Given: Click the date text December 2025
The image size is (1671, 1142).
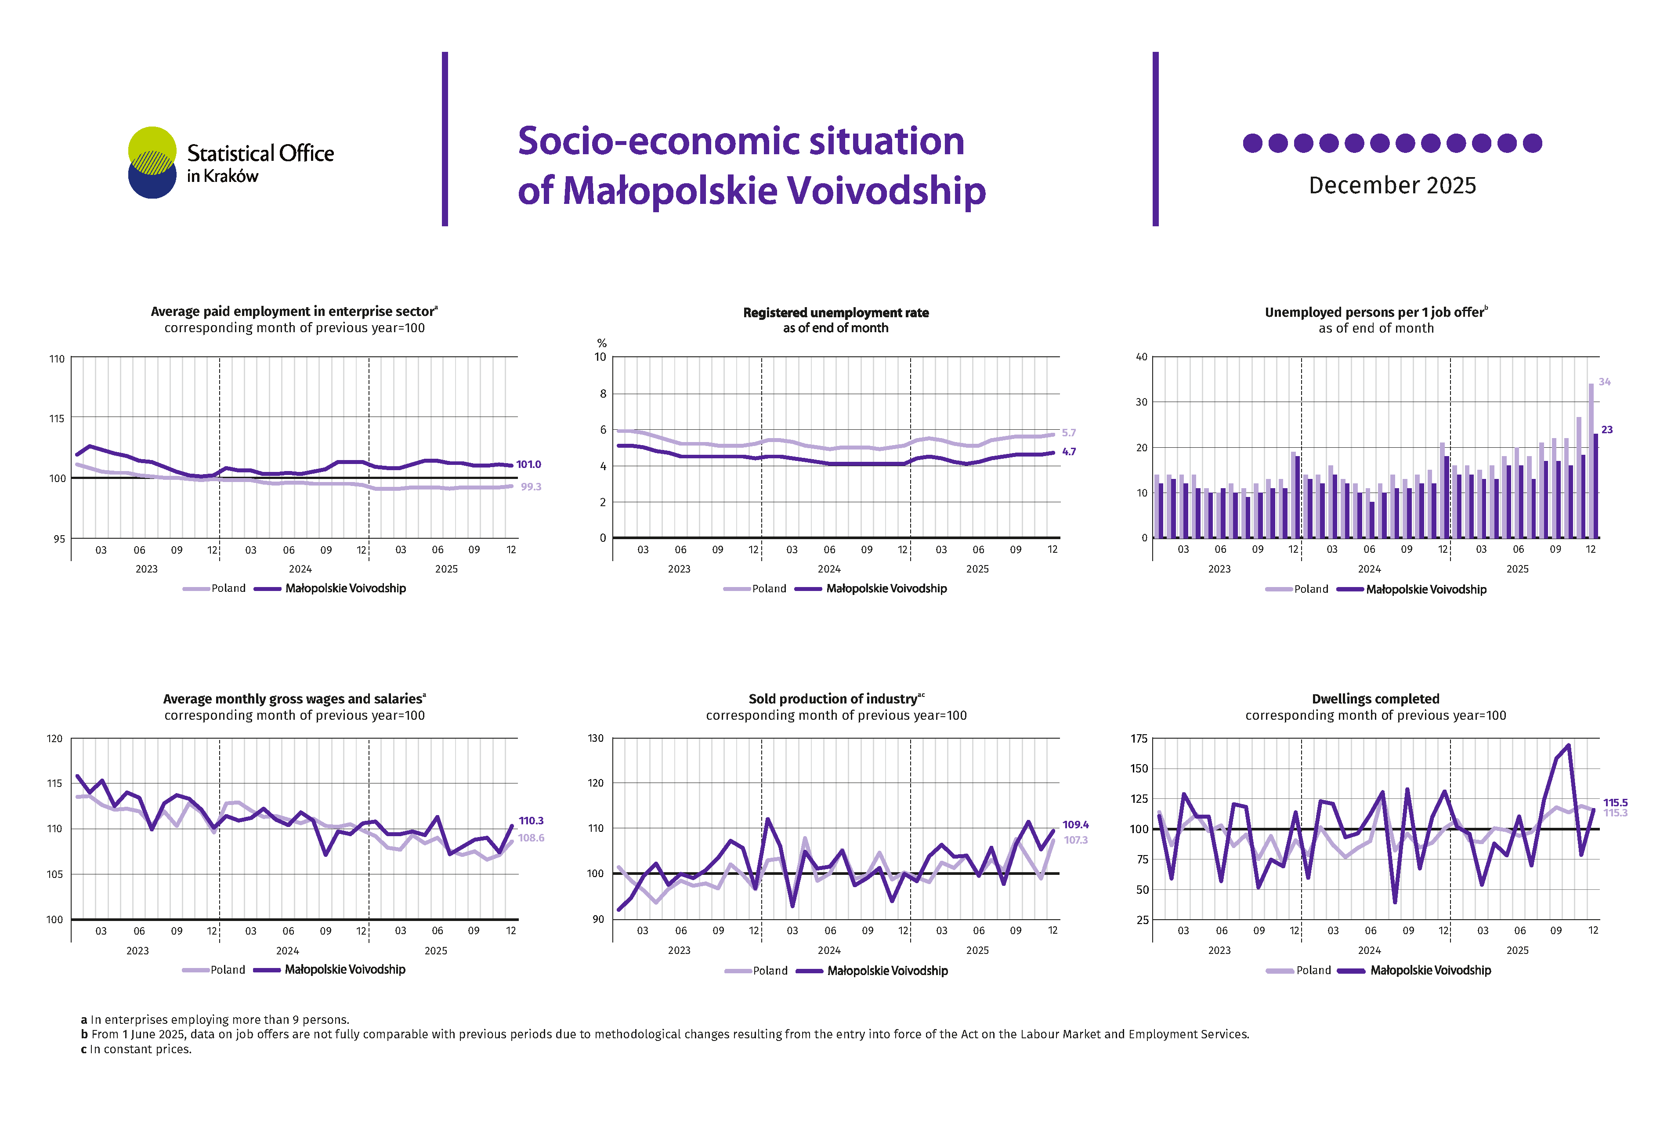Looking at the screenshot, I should coord(1392,185).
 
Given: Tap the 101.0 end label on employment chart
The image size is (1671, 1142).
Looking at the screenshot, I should coord(528,464).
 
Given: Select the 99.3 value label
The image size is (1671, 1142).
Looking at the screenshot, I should coord(531,487).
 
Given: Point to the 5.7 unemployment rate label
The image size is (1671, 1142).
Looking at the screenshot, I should coord(1068,433).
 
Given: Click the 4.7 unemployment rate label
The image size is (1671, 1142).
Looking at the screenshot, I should coord(1068,452).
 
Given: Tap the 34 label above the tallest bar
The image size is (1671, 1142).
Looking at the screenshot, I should coord(1604,382).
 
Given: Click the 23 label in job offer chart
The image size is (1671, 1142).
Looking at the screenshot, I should coord(1606,430).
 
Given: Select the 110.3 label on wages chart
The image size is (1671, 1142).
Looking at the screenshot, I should coord(532,820).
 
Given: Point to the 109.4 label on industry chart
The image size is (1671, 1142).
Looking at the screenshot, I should coord(1076,825).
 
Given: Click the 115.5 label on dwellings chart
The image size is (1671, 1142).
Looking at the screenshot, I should coord(1615,803).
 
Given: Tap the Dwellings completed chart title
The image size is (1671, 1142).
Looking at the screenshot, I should coord(1375,699).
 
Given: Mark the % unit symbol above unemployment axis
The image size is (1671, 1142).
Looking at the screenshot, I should coord(602,343).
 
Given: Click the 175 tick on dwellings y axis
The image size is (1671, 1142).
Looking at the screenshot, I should coord(1139,739).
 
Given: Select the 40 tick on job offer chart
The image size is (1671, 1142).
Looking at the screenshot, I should coord(1141,357).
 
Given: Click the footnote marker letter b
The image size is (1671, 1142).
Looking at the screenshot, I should coord(84,1034).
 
